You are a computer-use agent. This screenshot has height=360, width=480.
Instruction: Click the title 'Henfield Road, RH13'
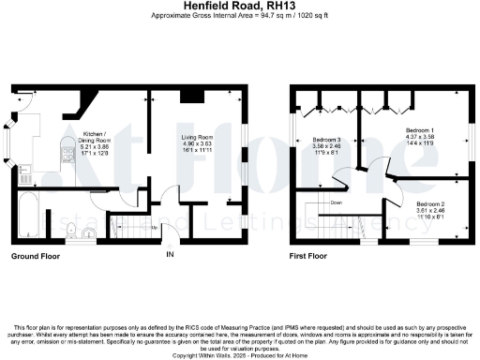point(240,6)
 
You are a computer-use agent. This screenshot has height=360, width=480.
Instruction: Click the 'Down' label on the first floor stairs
point(335,202)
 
